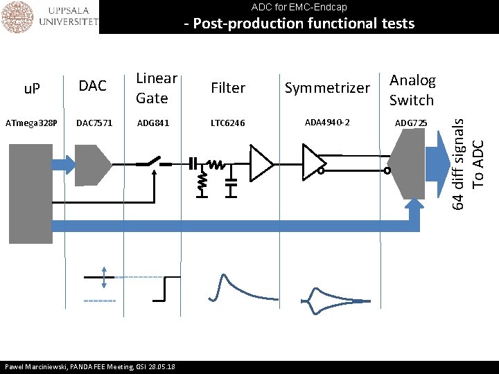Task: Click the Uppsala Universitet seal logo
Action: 17,17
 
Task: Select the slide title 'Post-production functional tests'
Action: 299,24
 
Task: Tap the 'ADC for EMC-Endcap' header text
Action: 299,7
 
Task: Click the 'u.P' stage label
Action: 32,88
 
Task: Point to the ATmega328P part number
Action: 31,123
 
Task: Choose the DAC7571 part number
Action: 94,123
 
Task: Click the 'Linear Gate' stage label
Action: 157,88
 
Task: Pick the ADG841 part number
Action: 153,123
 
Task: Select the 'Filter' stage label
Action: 228,88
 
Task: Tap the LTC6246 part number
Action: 228,123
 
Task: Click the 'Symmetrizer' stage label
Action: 327,88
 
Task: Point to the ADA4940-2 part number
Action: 327,123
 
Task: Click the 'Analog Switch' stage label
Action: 412,90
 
